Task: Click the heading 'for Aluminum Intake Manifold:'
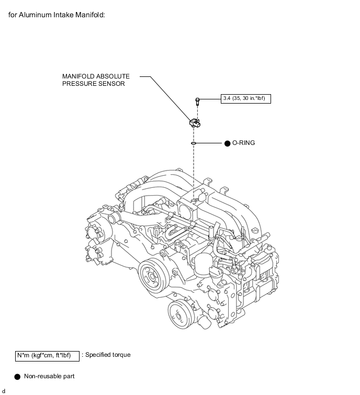tap(57, 15)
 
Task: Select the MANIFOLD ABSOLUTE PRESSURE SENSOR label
tap(96, 80)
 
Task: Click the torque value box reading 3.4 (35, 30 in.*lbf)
tap(245, 98)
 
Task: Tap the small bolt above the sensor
tap(197, 101)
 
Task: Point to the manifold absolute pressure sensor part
tap(195, 122)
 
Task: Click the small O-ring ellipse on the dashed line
tap(194, 143)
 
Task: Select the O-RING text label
tap(243, 143)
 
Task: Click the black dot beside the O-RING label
tap(227, 143)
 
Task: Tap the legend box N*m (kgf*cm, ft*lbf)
tap(48, 356)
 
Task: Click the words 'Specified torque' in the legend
tap(108, 355)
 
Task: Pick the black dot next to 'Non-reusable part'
tap(17, 377)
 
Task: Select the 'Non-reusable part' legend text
tap(49, 376)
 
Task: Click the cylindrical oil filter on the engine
tap(204, 264)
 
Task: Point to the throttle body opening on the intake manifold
tap(185, 210)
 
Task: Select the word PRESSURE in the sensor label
tap(77, 84)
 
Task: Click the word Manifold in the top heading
tap(90, 15)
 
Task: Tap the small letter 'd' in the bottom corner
tap(4, 391)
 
